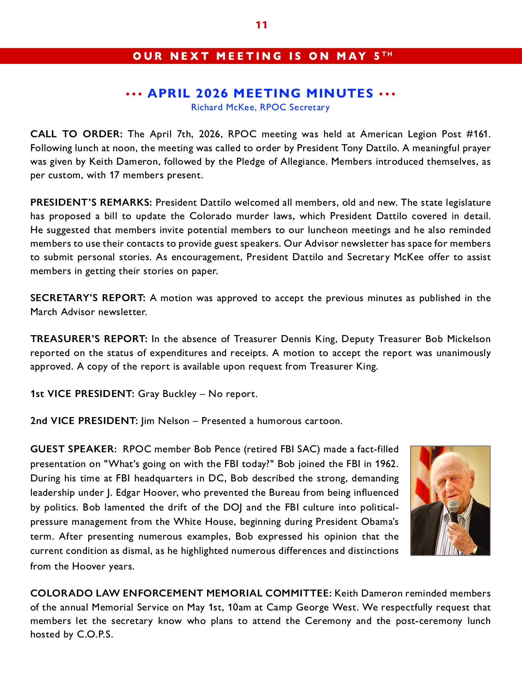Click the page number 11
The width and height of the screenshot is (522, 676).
pyautogui.click(x=261, y=25)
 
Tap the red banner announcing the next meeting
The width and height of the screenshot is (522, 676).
pyautogui.click(x=261, y=56)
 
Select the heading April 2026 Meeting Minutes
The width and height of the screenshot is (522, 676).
pyautogui.click(x=260, y=93)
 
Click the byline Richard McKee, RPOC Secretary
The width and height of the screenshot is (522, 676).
pyautogui.click(x=260, y=107)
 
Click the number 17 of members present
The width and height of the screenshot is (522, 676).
pyautogui.click(x=114, y=175)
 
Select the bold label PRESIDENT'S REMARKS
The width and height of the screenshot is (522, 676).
pyautogui.click(x=91, y=202)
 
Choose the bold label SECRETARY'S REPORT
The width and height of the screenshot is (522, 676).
pyautogui.click(x=88, y=298)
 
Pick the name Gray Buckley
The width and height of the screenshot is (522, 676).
pyautogui.click(x=167, y=394)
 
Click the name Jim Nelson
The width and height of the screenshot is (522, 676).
pyautogui.click(x=165, y=421)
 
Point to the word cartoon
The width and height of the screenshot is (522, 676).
pyautogui.click(x=323, y=421)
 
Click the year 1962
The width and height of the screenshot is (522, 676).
pyautogui.click(x=386, y=464)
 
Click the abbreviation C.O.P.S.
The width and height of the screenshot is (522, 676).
pyautogui.click(x=95, y=635)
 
